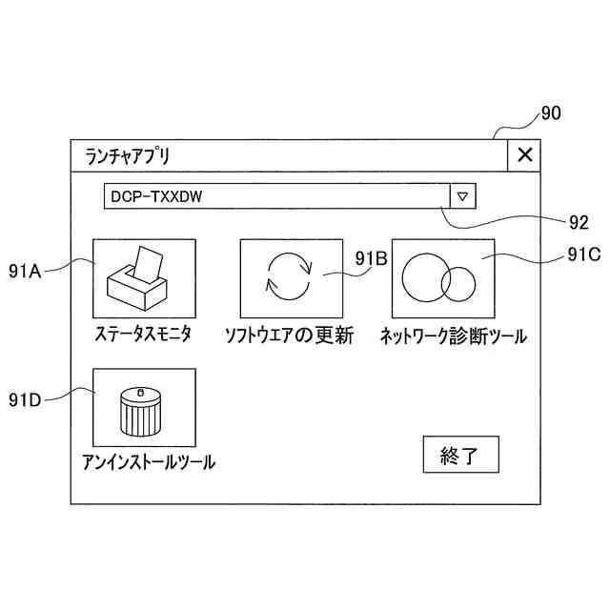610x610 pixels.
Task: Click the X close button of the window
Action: click(x=524, y=155)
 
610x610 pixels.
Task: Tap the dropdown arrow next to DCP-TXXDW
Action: click(x=462, y=195)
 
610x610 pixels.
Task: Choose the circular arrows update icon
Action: click(x=288, y=277)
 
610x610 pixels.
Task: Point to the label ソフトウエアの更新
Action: click(x=289, y=335)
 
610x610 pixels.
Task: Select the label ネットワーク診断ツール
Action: click(x=453, y=335)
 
